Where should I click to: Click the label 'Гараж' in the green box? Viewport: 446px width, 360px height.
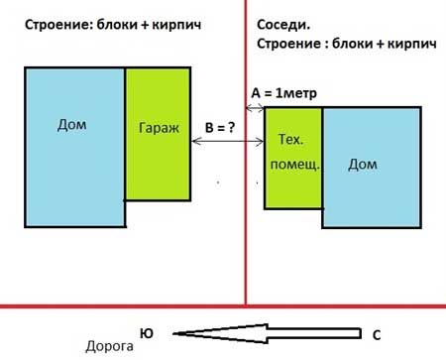point(157,129)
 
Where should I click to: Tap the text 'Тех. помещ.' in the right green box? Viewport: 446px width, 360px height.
point(292,153)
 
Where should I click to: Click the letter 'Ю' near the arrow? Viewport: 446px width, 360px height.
point(146,334)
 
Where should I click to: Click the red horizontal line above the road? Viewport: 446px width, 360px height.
point(223,307)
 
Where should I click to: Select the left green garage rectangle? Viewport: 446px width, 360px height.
point(157,169)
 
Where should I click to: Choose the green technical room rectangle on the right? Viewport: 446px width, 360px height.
point(293,188)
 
